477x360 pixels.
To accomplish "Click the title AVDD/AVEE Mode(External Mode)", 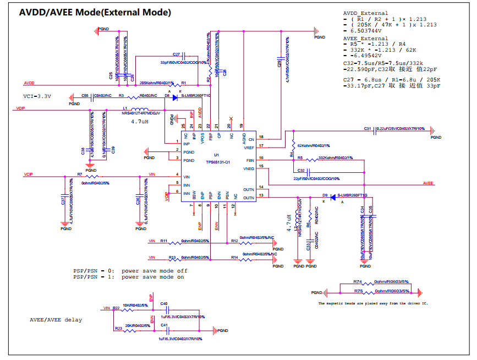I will pos(95,12).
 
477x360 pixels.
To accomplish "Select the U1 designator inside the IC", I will pos(217,155).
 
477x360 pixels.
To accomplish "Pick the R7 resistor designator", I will pos(79,174).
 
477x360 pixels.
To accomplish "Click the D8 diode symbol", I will pos(175,97).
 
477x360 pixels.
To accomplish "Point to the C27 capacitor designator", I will pos(176,54).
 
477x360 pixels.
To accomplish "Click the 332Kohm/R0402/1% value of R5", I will pos(336,158).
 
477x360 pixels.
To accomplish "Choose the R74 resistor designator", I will pos(358,281).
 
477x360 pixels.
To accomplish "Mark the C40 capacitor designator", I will pos(164,303).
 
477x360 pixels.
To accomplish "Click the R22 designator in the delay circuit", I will pos(116,308).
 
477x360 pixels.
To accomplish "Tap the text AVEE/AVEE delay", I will pos(56,319).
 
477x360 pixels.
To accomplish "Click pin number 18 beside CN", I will pos(261,137).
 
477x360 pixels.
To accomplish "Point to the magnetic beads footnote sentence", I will pos(373,303).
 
